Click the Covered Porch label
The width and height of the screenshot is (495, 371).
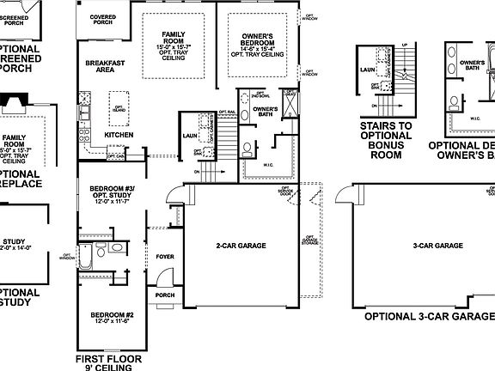click(x=102, y=18)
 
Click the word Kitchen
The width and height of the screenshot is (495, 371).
click(x=119, y=135)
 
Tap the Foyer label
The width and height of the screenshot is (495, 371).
click(x=165, y=257)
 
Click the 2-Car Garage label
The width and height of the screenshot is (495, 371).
click(x=240, y=246)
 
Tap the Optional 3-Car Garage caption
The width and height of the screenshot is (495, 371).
click(x=429, y=316)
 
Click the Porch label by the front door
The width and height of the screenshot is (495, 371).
click(x=165, y=295)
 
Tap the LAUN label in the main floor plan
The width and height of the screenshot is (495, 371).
click(x=191, y=136)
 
